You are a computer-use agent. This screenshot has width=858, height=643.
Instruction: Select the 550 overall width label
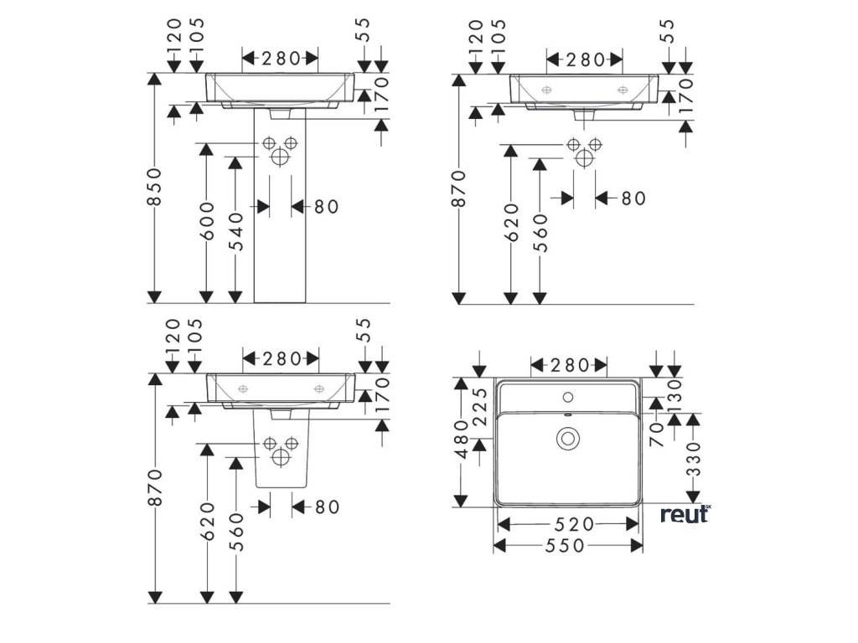pyautogui.click(x=569, y=545)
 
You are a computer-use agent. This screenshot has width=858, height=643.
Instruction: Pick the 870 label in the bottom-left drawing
pyautogui.click(x=153, y=488)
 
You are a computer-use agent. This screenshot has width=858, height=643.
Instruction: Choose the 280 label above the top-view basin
pyautogui.click(x=569, y=365)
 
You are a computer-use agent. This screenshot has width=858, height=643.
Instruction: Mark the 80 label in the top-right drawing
pyautogui.click(x=633, y=198)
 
